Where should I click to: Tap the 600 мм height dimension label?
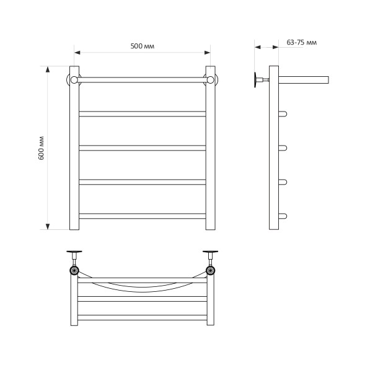[x=42, y=147]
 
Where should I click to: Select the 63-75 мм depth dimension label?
[x=302, y=43]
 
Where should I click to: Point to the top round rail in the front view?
[x=142, y=79]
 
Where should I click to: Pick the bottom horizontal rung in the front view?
[x=142, y=216]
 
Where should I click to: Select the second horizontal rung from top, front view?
[x=142, y=148]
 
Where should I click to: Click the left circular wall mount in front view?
[x=73, y=79]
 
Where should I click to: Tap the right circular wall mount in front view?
[x=211, y=79]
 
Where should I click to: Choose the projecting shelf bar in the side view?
[x=304, y=79]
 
